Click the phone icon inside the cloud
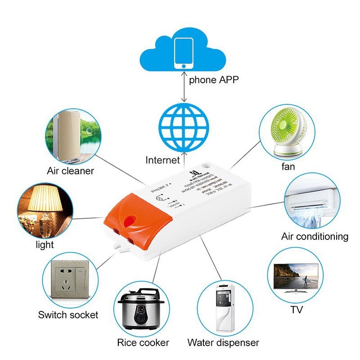point(184,53)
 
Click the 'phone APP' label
point(213,80)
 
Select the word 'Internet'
point(162,160)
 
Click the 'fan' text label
point(289,167)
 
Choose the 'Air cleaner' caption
point(70,171)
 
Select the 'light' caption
point(45,245)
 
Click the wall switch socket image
point(69,282)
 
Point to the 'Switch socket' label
point(68,315)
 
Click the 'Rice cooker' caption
point(143,343)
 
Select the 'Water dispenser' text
point(223,343)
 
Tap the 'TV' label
point(297,310)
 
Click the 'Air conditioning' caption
point(315,236)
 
